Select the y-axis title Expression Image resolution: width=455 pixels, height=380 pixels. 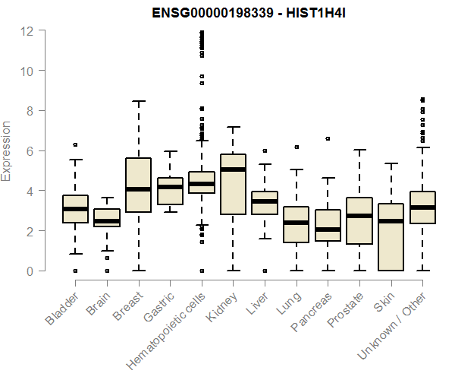(7, 150)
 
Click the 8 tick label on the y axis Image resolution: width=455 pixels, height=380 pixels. (28, 111)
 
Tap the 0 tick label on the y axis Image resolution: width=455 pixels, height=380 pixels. (28, 271)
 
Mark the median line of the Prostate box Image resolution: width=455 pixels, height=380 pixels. (359, 216)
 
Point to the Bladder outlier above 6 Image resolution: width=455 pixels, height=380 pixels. (75, 144)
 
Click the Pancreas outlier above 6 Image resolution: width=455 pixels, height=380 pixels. (328, 139)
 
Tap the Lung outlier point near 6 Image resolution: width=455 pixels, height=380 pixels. (297, 147)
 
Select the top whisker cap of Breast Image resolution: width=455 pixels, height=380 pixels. (138, 101)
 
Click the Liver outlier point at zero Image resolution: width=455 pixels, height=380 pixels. (265, 271)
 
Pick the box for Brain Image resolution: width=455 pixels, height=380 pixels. (107, 217)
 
